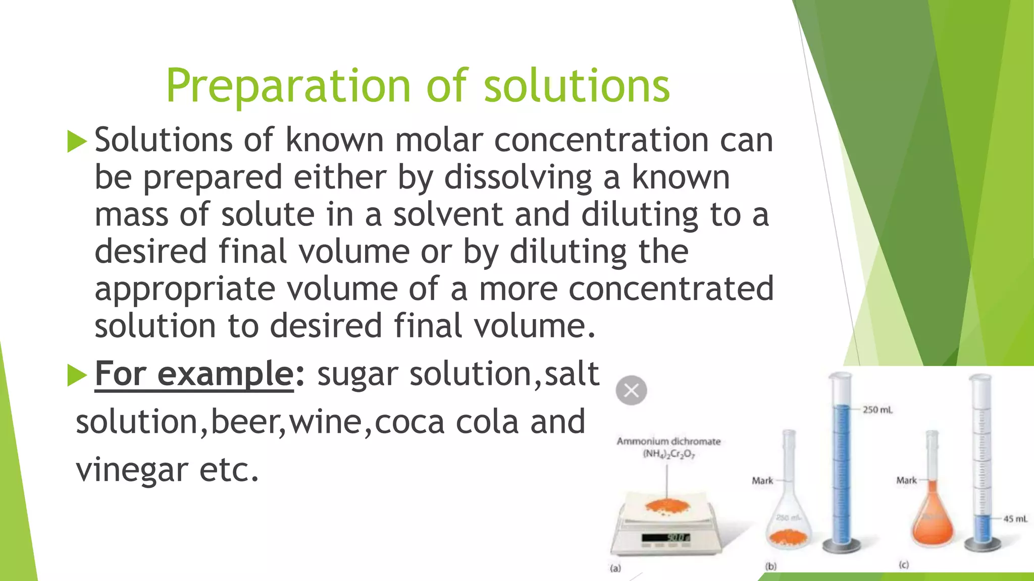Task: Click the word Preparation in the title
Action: tap(288, 86)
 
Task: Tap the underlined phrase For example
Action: tap(194, 374)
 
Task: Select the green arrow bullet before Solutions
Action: tap(77, 141)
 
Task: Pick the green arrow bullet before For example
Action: tap(77, 376)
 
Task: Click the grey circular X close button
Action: tap(631, 390)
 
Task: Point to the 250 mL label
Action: tap(877, 410)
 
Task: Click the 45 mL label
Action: tap(1015, 518)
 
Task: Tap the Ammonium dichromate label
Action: tap(668, 441)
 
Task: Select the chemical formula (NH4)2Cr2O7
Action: tap(668, 454)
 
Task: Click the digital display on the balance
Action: tap(666, 538)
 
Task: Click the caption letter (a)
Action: tap(615, 568)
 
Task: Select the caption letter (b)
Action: tap(770, 566)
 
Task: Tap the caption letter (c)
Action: tap(904, 565)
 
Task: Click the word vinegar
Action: tap(132, 470)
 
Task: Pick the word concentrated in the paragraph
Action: tap(671, 289)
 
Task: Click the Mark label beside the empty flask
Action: tap(762, 481)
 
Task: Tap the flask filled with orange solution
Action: tap(933, 525)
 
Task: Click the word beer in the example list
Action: tap(244, 422)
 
